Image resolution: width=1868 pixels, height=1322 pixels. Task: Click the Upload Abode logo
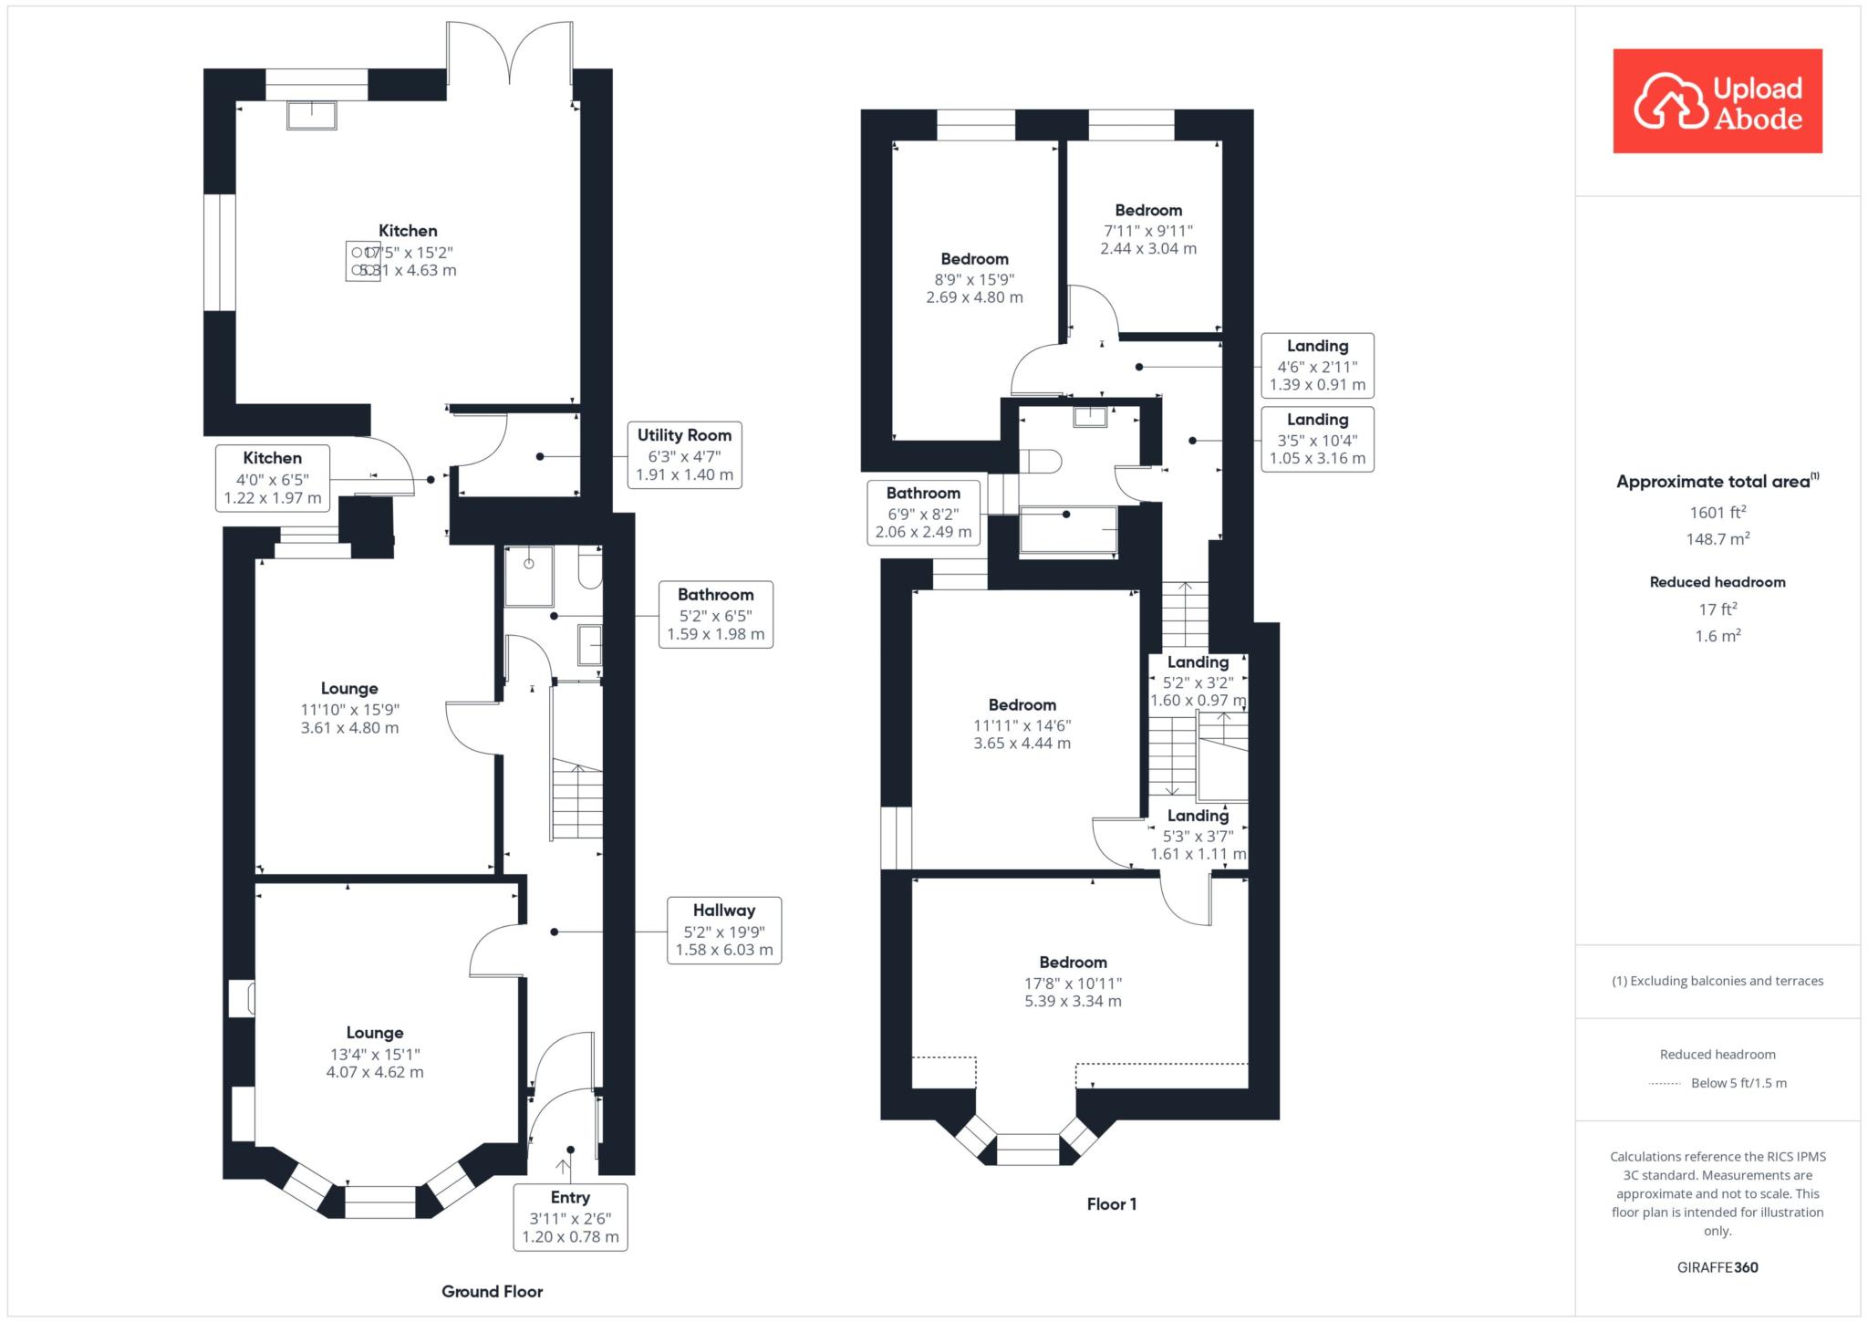click(1718, 100)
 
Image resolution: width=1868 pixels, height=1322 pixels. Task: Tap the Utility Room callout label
click(684, 455)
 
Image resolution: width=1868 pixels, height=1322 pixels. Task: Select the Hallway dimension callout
click(724, 931)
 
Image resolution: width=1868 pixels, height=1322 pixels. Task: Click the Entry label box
click(570, 1217)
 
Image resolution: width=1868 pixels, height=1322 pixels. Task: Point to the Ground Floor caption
click(493, 1291)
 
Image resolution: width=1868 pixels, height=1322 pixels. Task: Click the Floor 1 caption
click(1112, 1203)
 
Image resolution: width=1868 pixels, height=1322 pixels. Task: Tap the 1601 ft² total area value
click(1718, 513)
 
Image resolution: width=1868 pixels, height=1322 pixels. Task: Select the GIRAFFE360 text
click(1718, 1267)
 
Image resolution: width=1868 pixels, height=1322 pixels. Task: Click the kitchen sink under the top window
click(312, 115)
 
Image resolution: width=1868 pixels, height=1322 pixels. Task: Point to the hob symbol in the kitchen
click(362, 261)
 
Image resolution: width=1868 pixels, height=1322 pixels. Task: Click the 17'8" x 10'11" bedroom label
click(1073, 982)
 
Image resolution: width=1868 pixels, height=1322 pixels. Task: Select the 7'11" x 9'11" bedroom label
click(1148, 229)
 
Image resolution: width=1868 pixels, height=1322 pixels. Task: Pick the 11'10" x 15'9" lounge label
click(349, 708)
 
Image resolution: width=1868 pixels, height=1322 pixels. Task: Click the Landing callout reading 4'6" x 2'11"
click(1317, 365)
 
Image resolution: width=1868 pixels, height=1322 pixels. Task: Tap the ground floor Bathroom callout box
click(716, 615)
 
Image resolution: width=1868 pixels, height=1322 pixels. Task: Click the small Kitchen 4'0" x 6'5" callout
click(273, 478)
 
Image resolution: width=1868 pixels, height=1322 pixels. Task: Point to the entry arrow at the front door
click(564, 1169)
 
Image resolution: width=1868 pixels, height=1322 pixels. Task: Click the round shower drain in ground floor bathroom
click(529, 564)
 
